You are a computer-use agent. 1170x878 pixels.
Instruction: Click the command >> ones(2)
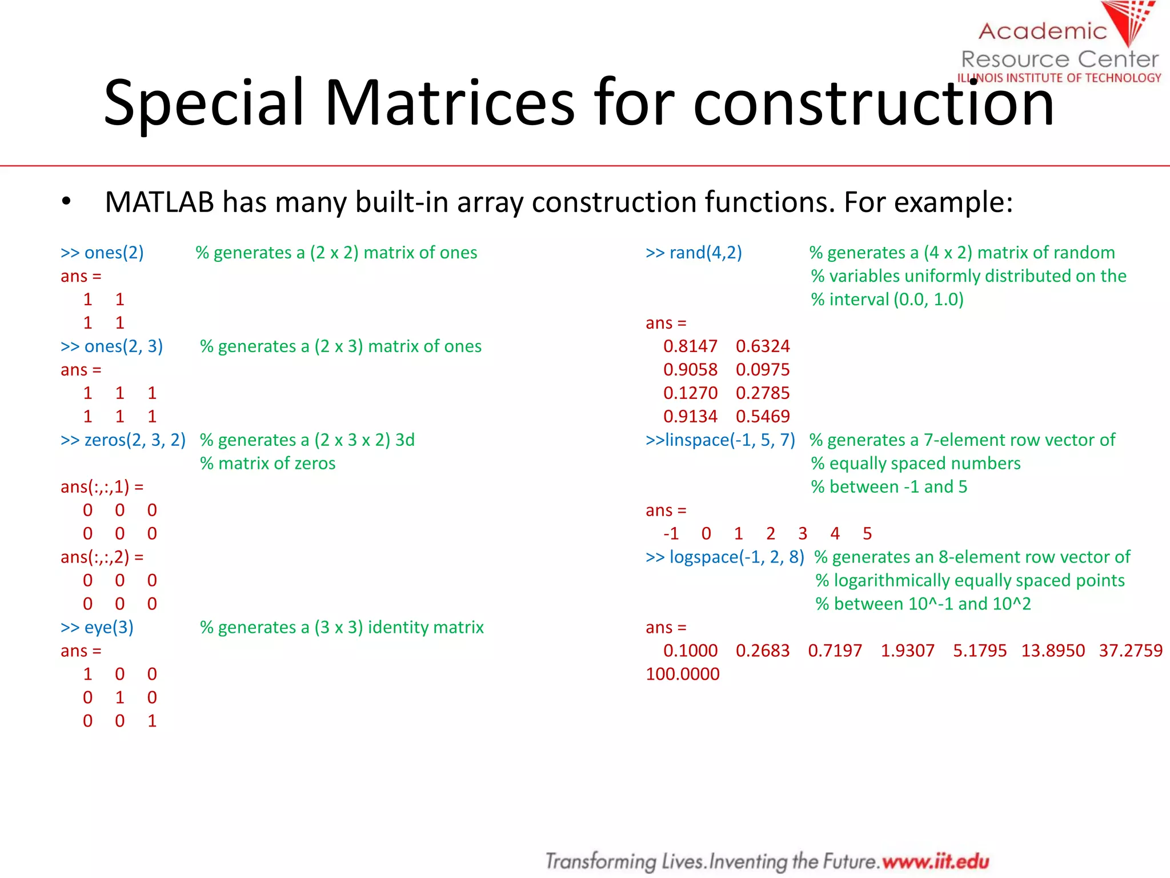pos(102,253)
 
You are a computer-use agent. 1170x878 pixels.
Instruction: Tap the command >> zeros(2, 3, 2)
pos(123,440)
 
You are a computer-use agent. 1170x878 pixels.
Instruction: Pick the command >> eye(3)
pos(97,628)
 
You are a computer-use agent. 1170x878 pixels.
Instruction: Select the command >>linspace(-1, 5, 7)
pos(720,440)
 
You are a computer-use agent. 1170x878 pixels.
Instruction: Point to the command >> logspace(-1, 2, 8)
pos(724,557)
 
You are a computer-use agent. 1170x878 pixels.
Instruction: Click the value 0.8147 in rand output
pos(690,346)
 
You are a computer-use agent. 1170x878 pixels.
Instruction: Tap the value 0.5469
pos(763,417)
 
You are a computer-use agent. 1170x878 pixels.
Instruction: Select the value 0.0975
pos(763,370)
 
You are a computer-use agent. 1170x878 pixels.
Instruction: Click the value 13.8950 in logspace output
pos(1053,651)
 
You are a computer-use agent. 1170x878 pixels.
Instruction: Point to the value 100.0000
pos(683,675)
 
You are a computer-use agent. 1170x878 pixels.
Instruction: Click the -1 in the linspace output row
pos(671,534)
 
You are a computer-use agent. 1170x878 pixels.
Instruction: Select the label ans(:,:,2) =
pos(102,557)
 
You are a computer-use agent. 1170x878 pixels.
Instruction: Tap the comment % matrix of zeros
pos(268,464)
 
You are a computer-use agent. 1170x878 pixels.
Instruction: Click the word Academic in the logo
pos(1043,31)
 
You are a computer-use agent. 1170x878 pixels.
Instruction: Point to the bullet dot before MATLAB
pos(66,202)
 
